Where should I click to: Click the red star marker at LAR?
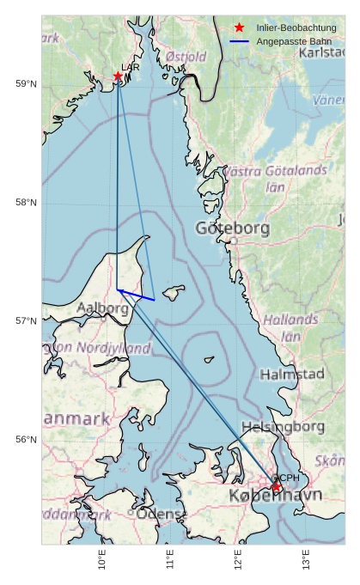118,76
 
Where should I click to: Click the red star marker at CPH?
277,487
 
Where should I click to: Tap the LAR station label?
131,67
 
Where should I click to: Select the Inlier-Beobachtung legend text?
296,28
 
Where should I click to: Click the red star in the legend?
239,28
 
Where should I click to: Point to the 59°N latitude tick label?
26,83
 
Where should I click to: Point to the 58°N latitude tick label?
26,202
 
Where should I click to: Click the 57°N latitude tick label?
26,320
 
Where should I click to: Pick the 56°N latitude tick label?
26,439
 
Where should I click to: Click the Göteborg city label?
232,229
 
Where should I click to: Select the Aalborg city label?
102,308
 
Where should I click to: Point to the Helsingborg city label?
283,426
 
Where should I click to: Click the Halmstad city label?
292,374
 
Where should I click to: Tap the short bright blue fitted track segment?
136,295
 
